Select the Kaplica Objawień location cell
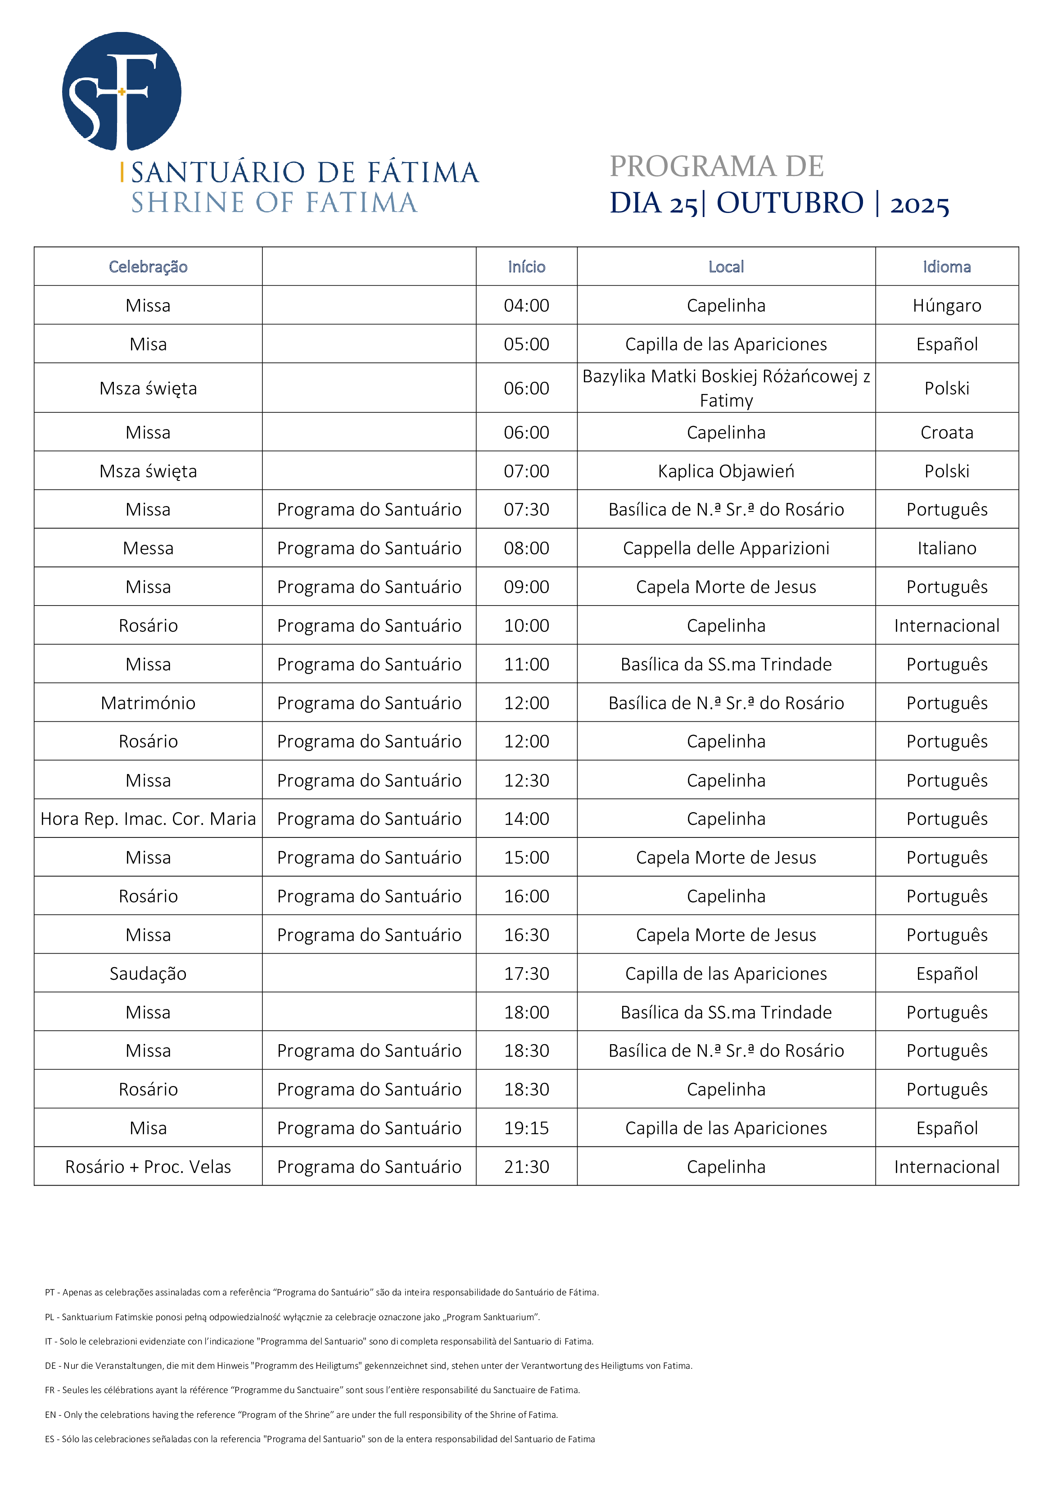click(726, 471)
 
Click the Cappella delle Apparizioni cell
click(726, 548)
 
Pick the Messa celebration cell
click(148, 548)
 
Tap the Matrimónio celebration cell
click(148, 703)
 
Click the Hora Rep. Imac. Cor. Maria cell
click(148, 819)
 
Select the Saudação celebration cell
click(148, 973)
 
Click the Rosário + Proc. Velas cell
click(148, 1167)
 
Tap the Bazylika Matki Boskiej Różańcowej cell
click(726, 388)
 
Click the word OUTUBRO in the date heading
click(790, 203)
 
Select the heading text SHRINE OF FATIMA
click(274, 203)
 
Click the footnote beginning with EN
click(302, 1414)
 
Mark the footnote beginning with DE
click(368, 1366)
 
